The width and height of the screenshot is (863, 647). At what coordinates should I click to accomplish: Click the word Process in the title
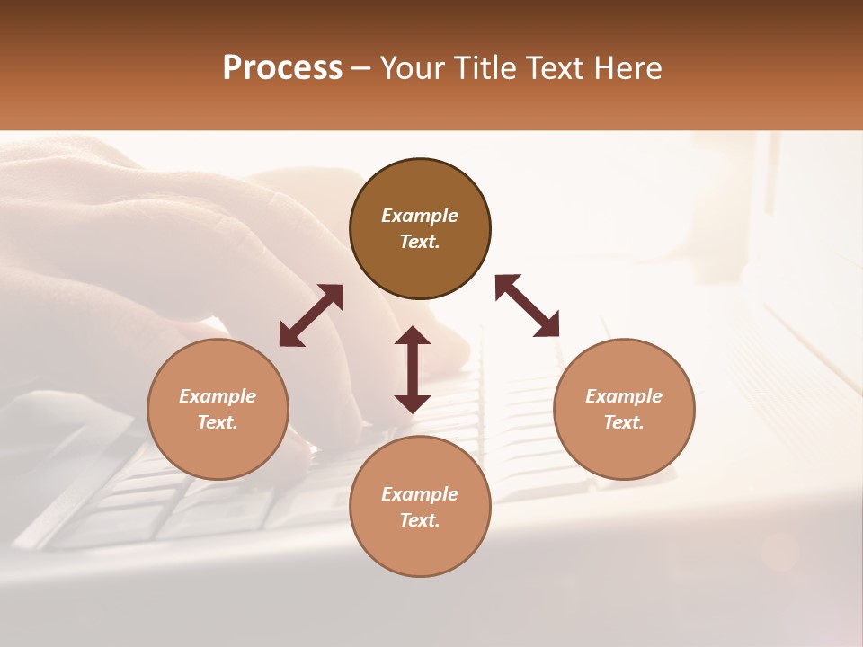click(x=282, y=68)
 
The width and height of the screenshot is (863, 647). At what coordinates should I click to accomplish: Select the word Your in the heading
click(x=412, y=68)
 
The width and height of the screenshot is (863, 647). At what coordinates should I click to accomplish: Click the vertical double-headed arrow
click(x=413, y=369)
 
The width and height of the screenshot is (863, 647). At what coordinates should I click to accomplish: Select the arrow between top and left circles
click(x=311, y=315)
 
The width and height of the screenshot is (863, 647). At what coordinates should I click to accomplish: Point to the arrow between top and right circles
click(x=528, y=306)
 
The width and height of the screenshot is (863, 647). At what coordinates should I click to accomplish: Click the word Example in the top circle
click(x=420, y=216)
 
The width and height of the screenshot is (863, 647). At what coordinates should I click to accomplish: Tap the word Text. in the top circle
click(x=420, y=242)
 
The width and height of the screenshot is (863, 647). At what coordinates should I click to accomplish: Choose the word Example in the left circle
click(x=218, y=396)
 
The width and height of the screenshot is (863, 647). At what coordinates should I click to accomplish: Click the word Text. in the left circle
click(x=218, y=422)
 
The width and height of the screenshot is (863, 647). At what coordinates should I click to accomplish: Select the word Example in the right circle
click(x=624, y=396)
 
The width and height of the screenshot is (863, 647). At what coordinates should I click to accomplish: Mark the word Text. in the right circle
click(x=624, y=422)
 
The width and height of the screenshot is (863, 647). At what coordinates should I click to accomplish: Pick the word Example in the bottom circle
click(x=420, y=494)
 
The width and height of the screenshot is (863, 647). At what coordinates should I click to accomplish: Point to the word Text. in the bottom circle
click(x=420, y=520)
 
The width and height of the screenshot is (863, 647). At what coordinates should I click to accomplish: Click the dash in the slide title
click(x=361, y=69)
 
